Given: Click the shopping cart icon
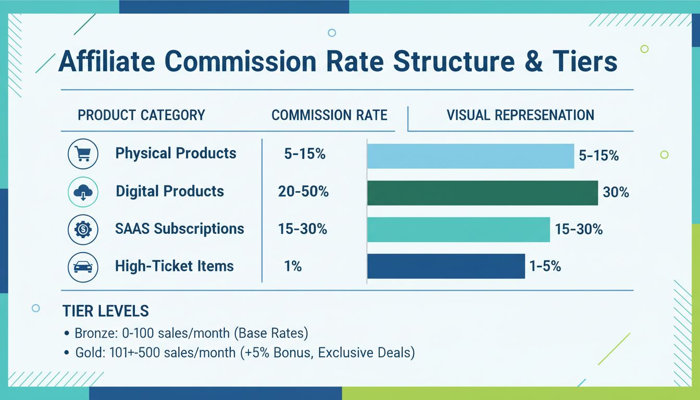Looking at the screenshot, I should pos(83,154).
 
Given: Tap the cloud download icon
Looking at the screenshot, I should pos(83,192).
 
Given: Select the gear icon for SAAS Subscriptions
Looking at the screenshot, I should pos(83,230).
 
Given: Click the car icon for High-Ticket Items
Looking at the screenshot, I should pos(83,267).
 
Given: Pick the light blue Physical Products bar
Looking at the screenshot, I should pos(470,156).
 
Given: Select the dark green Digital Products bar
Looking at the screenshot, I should pos(482,193).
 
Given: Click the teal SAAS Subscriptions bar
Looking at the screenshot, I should pos(458,230).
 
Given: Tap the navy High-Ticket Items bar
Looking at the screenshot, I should pos(446,266).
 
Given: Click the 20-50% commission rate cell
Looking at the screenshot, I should pos(303,192).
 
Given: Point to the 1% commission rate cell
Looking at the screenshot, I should pos(293,267).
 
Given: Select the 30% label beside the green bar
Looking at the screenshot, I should pos(616,193).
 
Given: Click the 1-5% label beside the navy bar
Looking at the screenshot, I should pos(545,267).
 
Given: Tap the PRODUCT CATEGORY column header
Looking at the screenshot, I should pos(141,115).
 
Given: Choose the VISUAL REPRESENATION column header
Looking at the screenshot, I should pos(520,115).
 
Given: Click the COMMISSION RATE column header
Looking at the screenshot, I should pos(329,115).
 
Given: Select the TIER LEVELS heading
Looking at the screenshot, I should pos(105,311).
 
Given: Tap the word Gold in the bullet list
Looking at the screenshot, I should pos(86,353).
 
